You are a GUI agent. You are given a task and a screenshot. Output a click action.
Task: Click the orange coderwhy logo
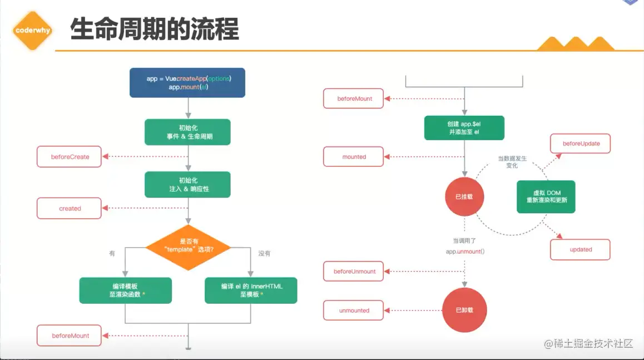[x=33, y=30]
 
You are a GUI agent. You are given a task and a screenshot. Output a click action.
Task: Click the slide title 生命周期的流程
[x=154, y=29]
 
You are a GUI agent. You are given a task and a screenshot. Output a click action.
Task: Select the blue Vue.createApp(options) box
[x=187, y=83]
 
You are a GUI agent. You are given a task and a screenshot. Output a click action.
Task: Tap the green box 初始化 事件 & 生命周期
[x=187, y=132]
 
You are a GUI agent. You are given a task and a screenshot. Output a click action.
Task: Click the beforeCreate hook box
[x=70, y=157]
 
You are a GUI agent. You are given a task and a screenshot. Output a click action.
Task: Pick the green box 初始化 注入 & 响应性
[x=187, y=184]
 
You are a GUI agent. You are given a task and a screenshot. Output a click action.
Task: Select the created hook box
[x=70, y=209]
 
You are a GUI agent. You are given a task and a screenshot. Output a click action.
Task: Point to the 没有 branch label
[x=264, y=253]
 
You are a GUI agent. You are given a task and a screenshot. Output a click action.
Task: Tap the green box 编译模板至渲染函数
[x=125, y=290]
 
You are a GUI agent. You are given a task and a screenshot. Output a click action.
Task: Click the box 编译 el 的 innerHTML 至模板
[x=251, y=290]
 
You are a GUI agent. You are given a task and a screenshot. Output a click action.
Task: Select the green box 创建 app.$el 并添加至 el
[x=464, y=128]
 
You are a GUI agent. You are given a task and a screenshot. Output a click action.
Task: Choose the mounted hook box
[x=354, y=157]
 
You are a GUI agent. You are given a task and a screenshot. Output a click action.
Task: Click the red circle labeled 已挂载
[x=464, y=197]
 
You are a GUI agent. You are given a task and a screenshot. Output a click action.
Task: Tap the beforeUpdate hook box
[x=581, y=144]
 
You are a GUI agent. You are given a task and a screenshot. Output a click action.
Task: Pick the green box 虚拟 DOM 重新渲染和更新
[x=546, y=196]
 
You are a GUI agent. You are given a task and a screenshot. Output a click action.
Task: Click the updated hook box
[x=580, y=249]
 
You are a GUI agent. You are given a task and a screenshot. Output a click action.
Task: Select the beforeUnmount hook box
[x=354, y=272]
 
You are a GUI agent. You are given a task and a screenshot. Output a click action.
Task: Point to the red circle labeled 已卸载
[x=464, y=310]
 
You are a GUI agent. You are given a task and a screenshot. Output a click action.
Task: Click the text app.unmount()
[x=465, y=251]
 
